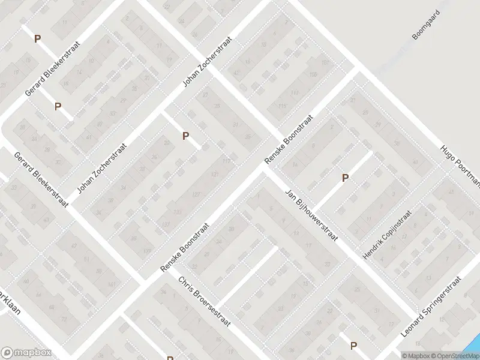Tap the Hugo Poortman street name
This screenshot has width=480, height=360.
tap(461, 166)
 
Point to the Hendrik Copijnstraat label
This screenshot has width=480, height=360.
tap(388, 235)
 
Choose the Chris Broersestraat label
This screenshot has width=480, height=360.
tap(213, 310)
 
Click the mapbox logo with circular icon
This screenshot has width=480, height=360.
tap(26, 353)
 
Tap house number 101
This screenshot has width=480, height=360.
tap(326, 62)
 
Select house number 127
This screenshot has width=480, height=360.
tap(196, 194)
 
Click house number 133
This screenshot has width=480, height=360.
tap(178, 212)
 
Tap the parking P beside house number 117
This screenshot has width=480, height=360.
tap(186, 136)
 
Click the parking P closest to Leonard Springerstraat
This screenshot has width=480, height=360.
tap(353, 345)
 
